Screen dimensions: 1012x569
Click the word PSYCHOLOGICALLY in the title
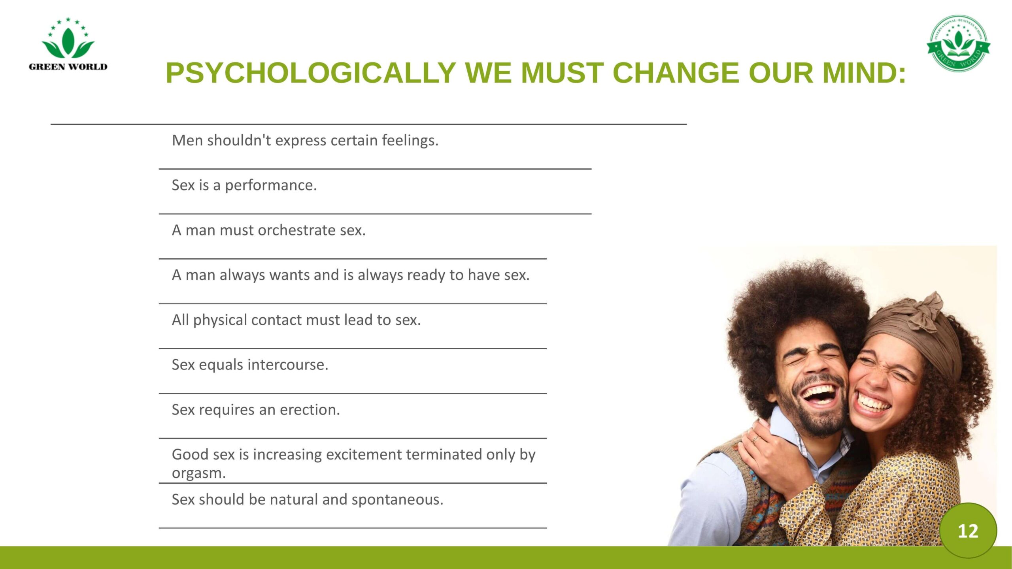click(311, 73)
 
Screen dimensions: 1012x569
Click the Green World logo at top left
click(68, 44)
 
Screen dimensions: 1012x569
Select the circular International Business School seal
click(958, 43)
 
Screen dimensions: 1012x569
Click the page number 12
click(968, 531)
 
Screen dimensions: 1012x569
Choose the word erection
click(310, 410)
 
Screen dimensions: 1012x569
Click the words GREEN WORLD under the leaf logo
click(68, 67)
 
